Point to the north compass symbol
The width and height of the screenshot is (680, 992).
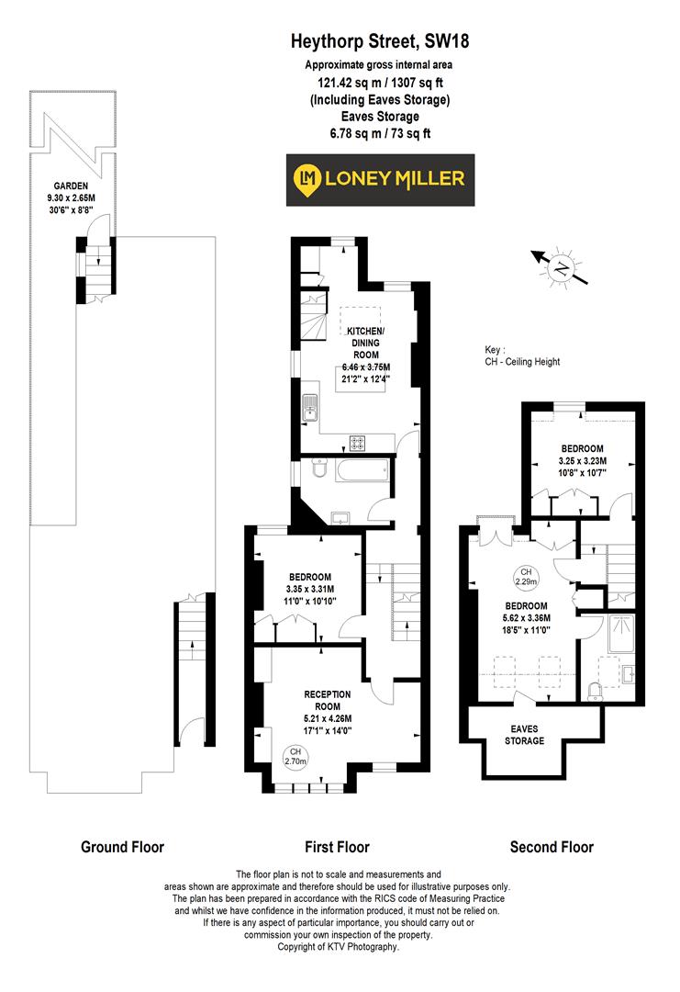(x=559, y=267)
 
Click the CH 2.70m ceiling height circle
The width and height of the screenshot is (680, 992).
(x=295, y=756)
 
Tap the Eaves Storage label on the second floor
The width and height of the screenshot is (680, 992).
(x=525, y=733)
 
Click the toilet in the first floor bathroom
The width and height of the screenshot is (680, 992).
(x=317, y=471)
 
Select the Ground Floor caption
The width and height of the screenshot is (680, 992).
(x=122, y=847)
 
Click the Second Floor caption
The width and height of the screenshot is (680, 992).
(x=551, y=847)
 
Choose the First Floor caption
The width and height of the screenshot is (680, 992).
(x=336, y=847)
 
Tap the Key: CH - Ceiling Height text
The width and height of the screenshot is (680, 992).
(x=522, y=355)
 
